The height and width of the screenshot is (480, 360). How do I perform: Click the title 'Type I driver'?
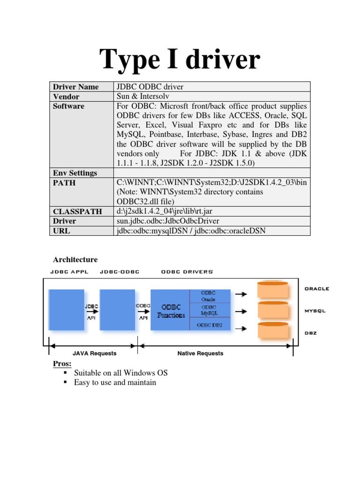(180, 60)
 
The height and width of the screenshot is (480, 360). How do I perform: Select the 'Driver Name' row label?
(76, 87)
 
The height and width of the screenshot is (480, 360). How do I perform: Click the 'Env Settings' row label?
(75, 173)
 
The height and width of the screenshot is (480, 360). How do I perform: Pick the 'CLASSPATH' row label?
(77, 211)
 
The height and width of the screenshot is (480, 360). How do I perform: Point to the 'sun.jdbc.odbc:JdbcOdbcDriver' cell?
(168, 221)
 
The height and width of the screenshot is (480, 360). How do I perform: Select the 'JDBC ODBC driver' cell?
(150, 87)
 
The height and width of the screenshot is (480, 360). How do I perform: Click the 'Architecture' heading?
(75, 260)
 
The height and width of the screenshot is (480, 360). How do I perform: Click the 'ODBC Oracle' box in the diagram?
(209, 295)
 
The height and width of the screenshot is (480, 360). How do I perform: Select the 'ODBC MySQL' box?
(209, 310)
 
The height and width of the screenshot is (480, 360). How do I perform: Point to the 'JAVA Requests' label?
(94, 353)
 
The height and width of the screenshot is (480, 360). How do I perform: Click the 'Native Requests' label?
(200, 353)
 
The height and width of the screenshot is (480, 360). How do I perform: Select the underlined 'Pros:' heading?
(62, 364)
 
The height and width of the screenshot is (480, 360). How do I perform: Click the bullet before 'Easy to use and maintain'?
(65, 382)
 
